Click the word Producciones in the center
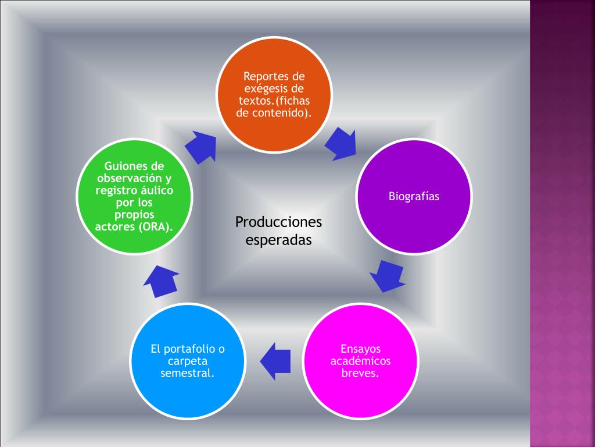point(278,222)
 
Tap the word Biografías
point(414,197)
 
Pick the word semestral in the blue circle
point(187,373)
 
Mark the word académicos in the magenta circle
point(360,361)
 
